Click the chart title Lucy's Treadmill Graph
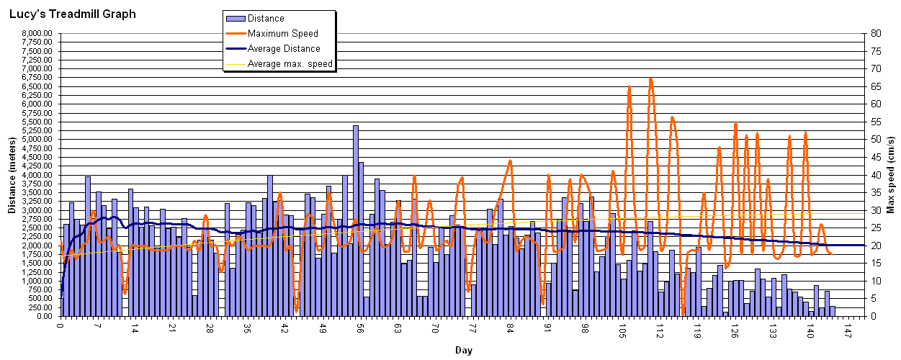[x=72, y=14]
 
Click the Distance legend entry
[x=265, y=19]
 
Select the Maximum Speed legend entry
[x=282, y=33]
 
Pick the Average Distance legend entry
[x=284, y=48]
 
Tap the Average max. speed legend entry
[x=290, y=63]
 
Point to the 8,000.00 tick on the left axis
[x=36, y=33]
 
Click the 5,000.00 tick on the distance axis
[x=36, y=139]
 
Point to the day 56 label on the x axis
[x=360, y=328]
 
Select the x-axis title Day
[x=463, y=351]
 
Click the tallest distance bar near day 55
[x=355, y=216]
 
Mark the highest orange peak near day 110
[x=651, y=78]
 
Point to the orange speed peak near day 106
[x=629, y=87]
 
